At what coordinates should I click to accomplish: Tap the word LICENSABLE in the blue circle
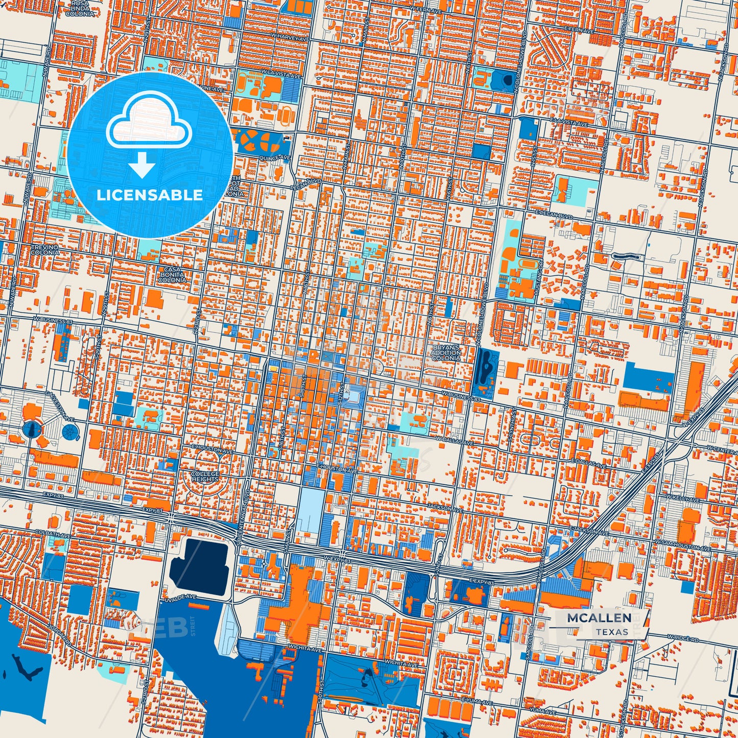150,195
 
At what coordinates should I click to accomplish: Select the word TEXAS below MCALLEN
611,632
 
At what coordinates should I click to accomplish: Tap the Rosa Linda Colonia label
80,9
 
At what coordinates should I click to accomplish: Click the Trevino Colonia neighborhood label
45,250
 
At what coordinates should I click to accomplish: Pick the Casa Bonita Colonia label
172,275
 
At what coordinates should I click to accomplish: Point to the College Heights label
205,477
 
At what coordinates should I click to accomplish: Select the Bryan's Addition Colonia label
445,353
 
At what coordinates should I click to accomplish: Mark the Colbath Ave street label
54,535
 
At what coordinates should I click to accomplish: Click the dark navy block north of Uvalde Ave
198,567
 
